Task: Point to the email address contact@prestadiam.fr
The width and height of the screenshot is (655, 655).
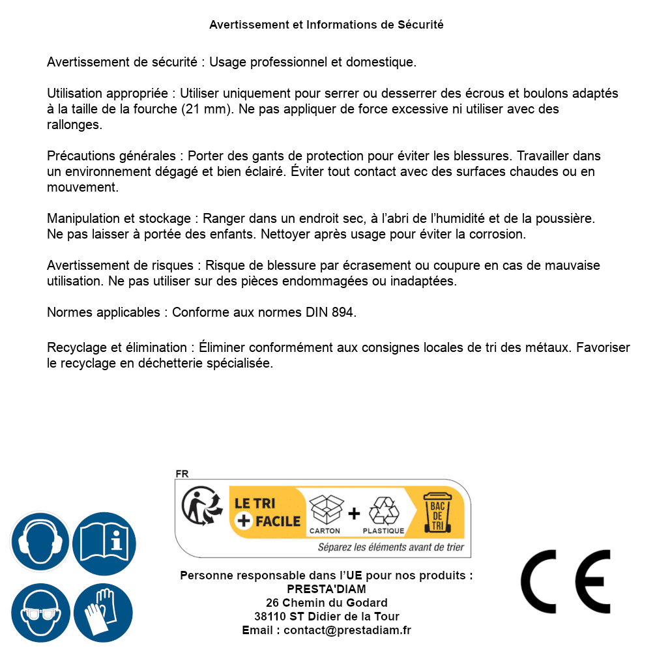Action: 347,630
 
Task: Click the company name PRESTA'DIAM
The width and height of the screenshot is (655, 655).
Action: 327,589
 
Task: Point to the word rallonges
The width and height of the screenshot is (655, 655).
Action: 74,125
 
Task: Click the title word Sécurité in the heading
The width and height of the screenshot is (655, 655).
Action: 420,25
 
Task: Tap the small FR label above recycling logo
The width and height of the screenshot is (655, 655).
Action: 182,474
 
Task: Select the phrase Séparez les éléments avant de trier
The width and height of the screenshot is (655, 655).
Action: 390,547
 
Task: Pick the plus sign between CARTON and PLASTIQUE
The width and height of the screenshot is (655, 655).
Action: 354,514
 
